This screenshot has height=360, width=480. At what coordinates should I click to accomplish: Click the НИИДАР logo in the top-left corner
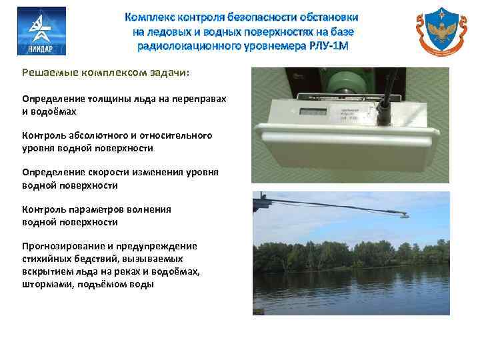pos(41,31)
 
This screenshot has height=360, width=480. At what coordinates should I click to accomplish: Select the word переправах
pos(199,99)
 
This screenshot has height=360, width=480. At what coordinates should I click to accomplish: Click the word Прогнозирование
pos(61,245)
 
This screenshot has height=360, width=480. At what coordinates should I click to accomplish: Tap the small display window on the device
pos(311,113)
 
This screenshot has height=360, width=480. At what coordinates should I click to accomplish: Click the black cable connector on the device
pos(385,107)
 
